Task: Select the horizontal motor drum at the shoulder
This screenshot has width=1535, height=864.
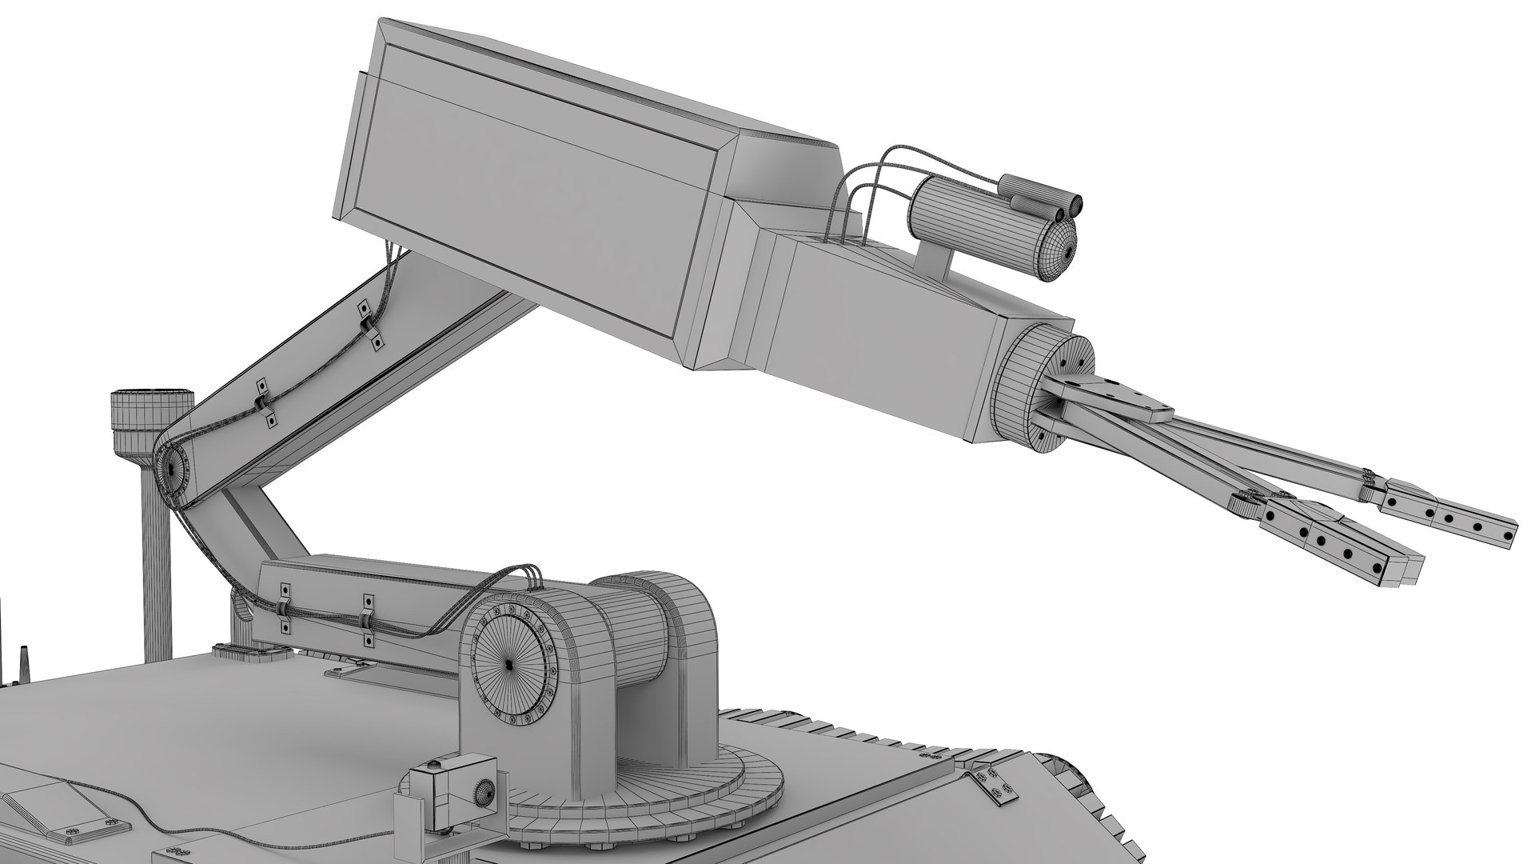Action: (632, 632)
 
